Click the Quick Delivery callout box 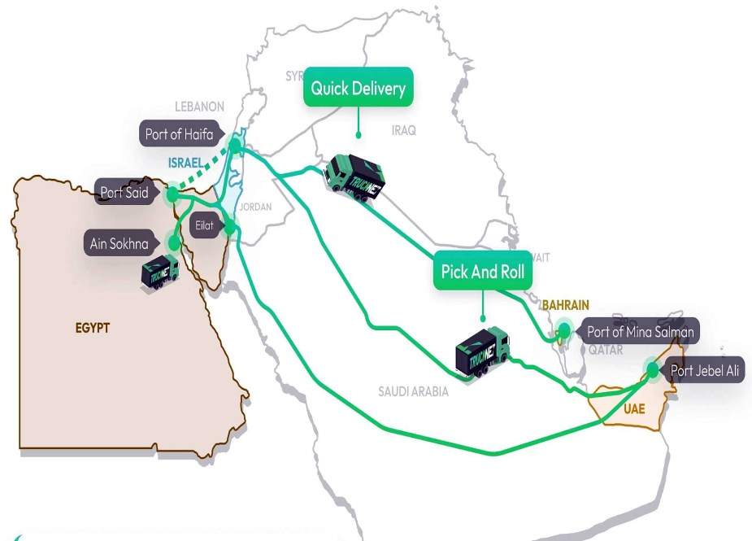[358, 89]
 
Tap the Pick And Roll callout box [482, 273]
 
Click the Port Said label [124, 193]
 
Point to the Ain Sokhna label [119, 242]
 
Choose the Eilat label [203, 225]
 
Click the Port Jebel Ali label [704, 371]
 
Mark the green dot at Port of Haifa [236, 146]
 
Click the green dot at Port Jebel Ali [653, 371]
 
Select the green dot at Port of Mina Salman [563, 331]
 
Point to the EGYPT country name [93, 329]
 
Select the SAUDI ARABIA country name [413, 391]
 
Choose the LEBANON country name [199, 107]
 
